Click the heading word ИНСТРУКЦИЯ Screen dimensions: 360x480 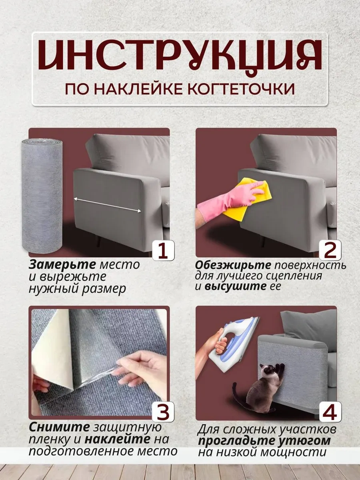180,58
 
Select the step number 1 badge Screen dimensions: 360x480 163,250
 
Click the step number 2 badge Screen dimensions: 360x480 330,250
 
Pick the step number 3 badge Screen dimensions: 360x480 163,412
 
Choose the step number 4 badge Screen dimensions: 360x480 330,412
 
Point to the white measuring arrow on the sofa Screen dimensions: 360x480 107,205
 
